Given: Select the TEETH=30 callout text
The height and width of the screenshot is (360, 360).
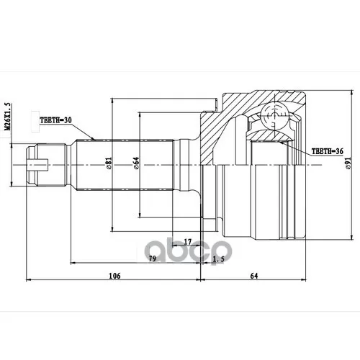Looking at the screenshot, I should coord(56,122).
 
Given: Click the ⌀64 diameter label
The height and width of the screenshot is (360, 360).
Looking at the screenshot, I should coord(136,165).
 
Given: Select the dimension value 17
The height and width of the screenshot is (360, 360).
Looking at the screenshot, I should coord(187,241).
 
